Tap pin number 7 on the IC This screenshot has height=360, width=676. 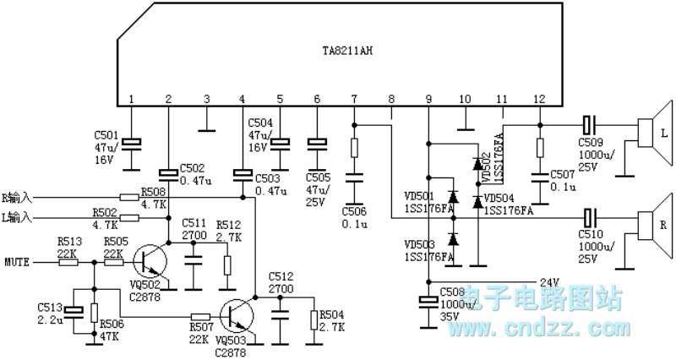pyautogui.click(x=354, y=100)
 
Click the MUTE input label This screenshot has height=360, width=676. pyautogui.click(x=18, y=262)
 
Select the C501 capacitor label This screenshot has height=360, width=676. pyautogui.click(x=106, y=134)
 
